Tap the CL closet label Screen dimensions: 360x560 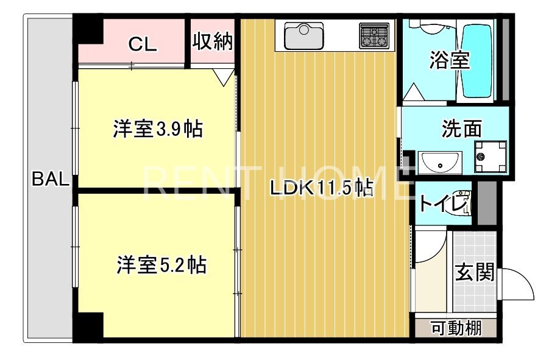[143, 44]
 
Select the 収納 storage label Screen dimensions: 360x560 [213, 41]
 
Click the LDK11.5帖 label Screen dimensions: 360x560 [321, 188]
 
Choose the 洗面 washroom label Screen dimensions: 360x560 [461, 129]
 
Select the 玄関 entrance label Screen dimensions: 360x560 [475, 273]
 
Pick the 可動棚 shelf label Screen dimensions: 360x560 [456, 328]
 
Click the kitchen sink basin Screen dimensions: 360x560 [304, 36]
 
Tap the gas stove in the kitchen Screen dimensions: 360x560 [374, 35]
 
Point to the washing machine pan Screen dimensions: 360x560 [491, 157]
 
